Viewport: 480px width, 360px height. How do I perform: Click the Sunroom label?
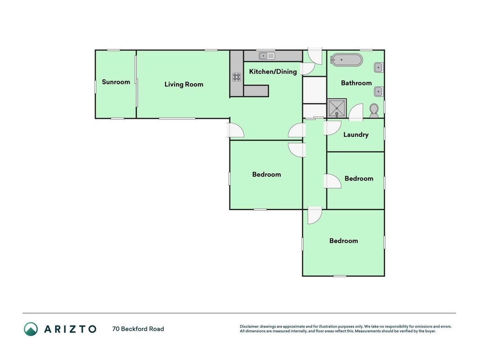116,82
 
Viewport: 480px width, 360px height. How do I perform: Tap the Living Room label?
184,85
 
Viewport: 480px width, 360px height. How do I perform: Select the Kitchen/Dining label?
273,72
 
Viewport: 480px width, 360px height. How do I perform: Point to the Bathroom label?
356,83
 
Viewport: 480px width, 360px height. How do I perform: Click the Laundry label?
356,135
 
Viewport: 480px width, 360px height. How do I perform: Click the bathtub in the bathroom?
347,60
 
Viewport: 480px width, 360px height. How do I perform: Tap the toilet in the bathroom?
374,111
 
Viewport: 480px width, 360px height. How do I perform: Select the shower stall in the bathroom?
337,108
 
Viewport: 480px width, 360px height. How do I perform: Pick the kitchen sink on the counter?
267,56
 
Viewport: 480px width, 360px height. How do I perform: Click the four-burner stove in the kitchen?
237,77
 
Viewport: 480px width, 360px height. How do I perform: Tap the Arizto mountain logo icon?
31,329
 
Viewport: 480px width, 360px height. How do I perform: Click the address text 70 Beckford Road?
138,329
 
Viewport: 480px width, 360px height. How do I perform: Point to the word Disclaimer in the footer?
250,327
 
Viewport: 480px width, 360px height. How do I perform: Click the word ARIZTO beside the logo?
71,329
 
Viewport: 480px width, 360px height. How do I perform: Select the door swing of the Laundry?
332,128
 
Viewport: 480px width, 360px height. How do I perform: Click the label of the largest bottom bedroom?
344,241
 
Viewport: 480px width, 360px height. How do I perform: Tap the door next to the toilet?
356,112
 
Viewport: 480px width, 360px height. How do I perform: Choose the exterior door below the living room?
235,130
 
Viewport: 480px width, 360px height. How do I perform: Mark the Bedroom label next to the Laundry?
359,179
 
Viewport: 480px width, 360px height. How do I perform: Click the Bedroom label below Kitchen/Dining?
266,175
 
